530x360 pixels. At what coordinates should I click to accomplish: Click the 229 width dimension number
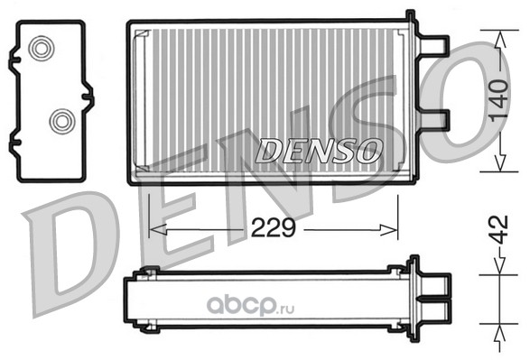(274, 228)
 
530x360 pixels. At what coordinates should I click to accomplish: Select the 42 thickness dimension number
(499, 230)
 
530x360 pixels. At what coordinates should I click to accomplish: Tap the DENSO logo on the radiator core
(319, 151)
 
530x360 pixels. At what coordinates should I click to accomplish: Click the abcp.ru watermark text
(250, 306)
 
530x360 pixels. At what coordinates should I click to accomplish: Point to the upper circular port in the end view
(42, 49)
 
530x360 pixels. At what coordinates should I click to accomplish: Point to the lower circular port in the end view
(62, 121)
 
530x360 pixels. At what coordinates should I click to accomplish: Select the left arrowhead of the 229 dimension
(158, 230)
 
